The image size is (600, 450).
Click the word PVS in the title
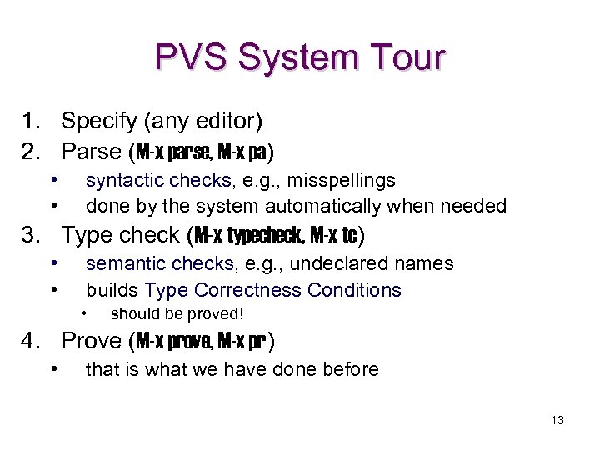point(192,58)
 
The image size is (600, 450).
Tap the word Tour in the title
point(407,58)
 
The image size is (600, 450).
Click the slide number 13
point(557,420)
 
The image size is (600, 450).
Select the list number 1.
point(32,122)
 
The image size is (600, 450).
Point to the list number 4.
point(32,340)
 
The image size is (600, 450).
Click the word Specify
point(100,122)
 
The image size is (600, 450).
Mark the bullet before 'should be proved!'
point(84,313)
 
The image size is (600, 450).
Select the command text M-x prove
point(172,341)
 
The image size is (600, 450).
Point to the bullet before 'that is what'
point(53,367)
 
